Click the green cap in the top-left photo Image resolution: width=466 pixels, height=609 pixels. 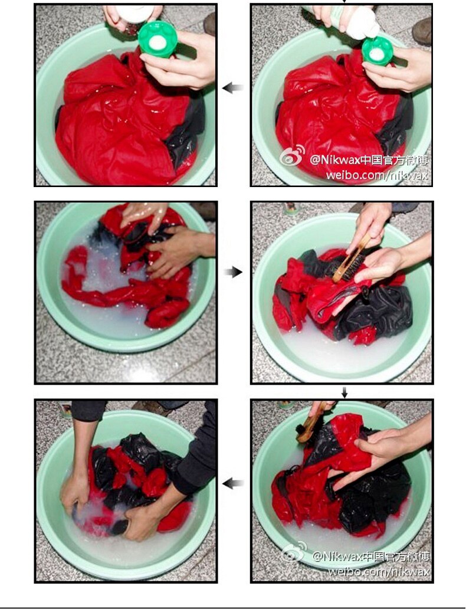coord(157,39)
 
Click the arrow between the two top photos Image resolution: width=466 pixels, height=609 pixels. coord(233,88)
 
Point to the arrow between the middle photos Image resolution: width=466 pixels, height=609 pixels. coord(234,272)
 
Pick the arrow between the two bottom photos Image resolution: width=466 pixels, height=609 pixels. coord(233,483)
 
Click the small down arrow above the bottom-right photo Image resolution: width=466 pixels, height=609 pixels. coord(344,392)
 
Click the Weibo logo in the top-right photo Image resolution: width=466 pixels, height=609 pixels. coord(293,155)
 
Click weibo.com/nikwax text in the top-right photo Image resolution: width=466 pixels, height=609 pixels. coord(377,175)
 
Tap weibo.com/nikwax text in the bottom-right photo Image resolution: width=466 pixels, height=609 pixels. coord(379,571)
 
